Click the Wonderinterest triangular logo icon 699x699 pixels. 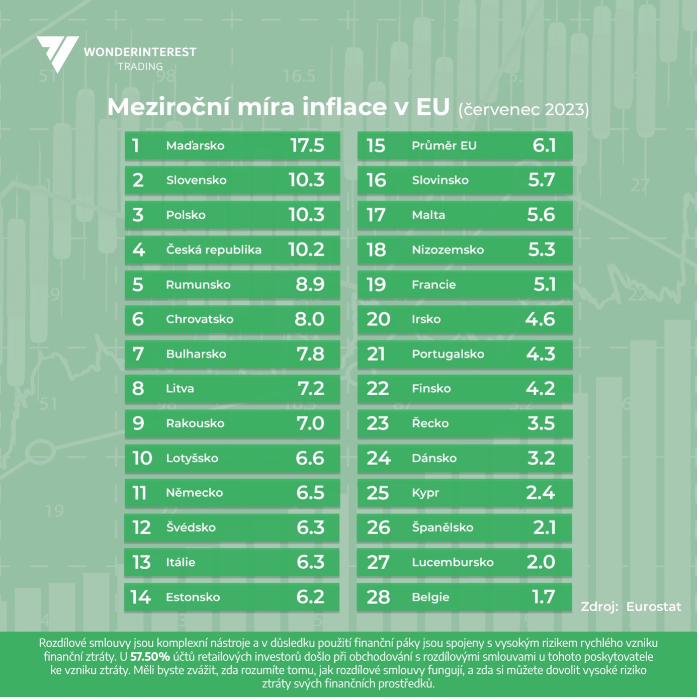pyautogui.click(x=57, y=53)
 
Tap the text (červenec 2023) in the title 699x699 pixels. pyautogui.click(x=523, y=110)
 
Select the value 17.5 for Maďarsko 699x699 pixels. pyautogui.click(x=307, y=146)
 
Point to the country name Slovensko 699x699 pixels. pyautogui.click(x=196, y=181)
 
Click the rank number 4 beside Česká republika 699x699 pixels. pyautogui.click(x=138, y=250)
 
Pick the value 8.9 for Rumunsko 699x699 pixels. pyautogui.click(x=310, y=285)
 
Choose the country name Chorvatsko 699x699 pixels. pyautogui.click(x=200, y=319)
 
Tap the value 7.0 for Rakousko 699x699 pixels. pyautogui.click(x=310, y=423)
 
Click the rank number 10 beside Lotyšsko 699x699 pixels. pyautogui.click(x=142, y=458)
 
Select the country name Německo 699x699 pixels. pyautogui.click(x=194, y=493)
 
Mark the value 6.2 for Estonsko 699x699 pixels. pyautogui.click(x=310, y=597)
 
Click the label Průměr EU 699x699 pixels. pyautogui.click(x=444, y=146)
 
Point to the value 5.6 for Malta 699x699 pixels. pyautogui.click(x=541, y=215)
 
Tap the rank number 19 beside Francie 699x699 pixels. pyautogui.click(x=376, y=285)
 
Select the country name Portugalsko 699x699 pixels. pyautogui.click(x=448, y=354)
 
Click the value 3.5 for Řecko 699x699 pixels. pyautogui.click(x=541, y=423)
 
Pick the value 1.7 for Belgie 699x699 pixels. pyautogui.click(x=543, y=597)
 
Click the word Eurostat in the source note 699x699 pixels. pyautogui.click(x=653, y=607)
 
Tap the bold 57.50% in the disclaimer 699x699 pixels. pyautogui.click(x=150, y=657)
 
